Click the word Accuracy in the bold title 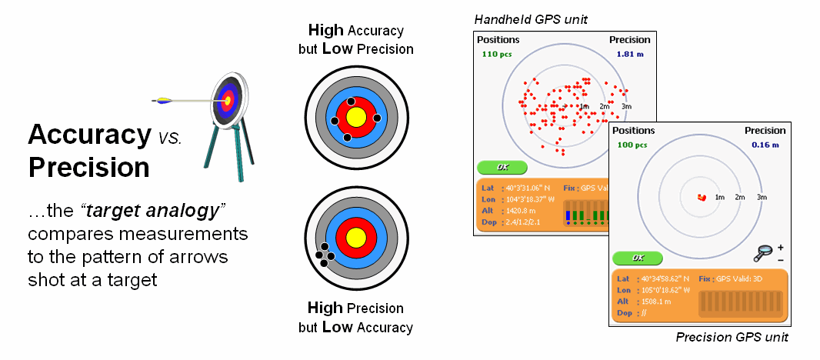tap(89, 135)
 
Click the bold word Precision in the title tap(88, 167)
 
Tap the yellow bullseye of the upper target tap(355, 117)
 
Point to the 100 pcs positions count tap(630, 145)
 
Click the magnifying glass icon tap(765, 252)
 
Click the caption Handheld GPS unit tap(531, 18)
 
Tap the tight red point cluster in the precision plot tap(701, 198)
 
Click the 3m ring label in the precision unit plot tap(762, 198)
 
